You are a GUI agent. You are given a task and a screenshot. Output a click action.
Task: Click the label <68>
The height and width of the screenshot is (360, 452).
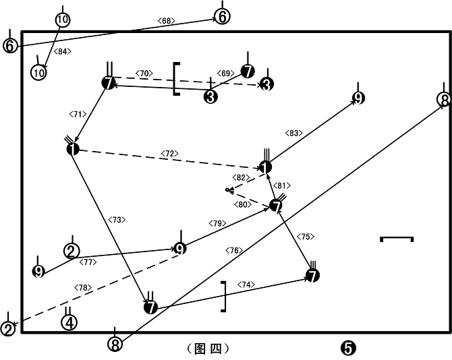(167, 21)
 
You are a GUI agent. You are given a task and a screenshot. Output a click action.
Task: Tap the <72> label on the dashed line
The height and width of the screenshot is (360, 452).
(170, 154)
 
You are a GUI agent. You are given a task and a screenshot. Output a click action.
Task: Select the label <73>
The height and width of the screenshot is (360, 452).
(117, 220)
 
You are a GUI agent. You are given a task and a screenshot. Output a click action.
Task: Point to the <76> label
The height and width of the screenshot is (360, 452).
(234, 251)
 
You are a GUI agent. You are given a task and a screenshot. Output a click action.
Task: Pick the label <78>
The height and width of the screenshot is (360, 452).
(83, 288)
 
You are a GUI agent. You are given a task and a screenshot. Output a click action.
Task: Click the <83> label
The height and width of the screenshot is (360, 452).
(293, 133)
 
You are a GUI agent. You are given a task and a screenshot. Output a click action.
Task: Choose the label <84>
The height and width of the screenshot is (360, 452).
(63, 51)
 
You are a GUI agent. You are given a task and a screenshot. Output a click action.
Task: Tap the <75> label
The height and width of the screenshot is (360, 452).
(306, 237)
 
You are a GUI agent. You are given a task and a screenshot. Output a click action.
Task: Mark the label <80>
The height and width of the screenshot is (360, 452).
(243, 205)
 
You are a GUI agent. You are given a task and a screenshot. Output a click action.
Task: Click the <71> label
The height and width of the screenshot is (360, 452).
(78, 115)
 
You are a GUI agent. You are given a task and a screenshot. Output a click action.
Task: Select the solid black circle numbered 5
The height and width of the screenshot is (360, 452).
(348, 348)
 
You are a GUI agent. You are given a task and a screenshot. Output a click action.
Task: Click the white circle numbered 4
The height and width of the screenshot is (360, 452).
(69, 322)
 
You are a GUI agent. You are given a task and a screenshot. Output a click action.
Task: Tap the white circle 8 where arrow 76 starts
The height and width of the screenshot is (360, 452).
(115, 344)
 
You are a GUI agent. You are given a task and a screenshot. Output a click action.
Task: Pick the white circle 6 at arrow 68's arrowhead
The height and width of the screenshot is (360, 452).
(222, 16)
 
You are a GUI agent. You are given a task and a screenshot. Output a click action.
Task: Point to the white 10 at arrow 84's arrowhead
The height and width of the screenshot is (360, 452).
(38, 72)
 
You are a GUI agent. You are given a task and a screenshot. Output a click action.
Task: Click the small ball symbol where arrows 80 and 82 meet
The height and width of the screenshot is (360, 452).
(228, 190)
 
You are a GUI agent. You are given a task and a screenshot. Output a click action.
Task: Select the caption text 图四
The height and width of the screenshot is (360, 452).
(208, 349)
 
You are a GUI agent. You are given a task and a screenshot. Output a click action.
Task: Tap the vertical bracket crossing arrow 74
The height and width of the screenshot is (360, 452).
(225, 297)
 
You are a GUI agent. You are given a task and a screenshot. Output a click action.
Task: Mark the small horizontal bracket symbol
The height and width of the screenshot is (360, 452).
(397, 238)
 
